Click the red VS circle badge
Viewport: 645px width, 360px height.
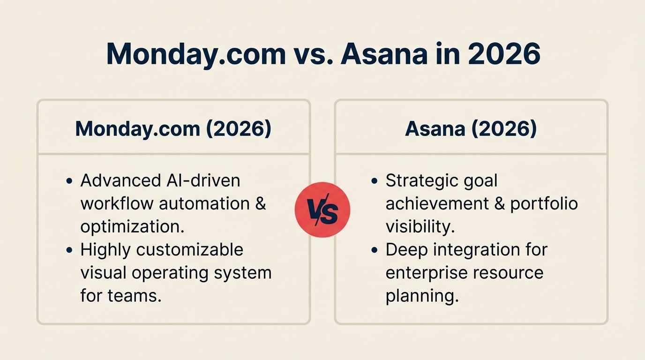point(322,210)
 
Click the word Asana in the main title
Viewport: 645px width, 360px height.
point(384,54)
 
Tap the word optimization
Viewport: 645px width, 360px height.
point(132,226)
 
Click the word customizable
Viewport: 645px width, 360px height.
point(189,249)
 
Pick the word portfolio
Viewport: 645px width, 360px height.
point(544,203)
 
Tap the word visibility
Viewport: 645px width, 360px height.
point(420,226)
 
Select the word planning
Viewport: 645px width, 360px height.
point(422,296)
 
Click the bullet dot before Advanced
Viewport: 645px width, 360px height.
point(69,181)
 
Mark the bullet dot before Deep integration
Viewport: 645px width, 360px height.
point(374,250)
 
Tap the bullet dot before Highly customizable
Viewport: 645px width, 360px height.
point(69,250)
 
